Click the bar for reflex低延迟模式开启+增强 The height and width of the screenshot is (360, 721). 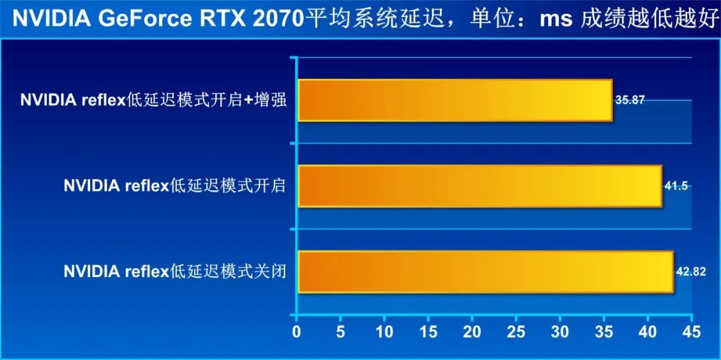(x=455, y=100)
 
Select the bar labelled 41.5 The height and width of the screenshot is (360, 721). (x=479, y=186)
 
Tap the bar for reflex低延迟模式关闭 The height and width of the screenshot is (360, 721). (x=485, y=271)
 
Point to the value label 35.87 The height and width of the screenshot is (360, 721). (x=630, y=100)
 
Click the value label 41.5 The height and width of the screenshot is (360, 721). (x=676, y=186)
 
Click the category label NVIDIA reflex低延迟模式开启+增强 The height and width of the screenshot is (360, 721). (x=153, y=101)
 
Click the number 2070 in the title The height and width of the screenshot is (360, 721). (x=273, y=19)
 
